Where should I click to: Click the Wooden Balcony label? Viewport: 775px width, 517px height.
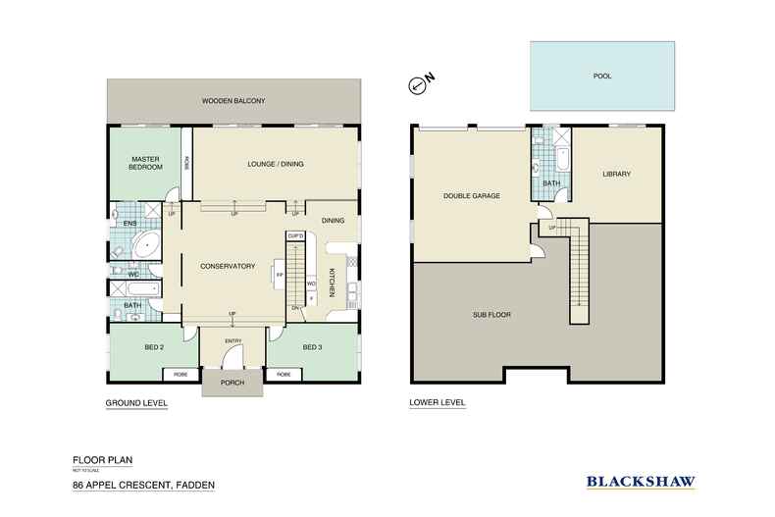tap(233, 101)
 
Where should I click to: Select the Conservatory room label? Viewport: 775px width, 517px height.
tap(228, 266)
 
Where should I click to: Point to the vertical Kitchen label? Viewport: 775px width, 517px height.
tap(333, 283)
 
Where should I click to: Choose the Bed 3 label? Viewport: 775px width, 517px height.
tap(312, 347)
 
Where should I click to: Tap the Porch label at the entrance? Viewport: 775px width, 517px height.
tap(232, 383)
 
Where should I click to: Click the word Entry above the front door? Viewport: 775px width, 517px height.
tap(232, 340)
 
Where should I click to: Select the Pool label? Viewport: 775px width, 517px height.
tap(601, 76)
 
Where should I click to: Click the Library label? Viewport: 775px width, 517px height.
tap(616, 175)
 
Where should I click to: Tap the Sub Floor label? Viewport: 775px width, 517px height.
tap(491, 315)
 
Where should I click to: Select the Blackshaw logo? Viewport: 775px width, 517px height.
tap(641, 481)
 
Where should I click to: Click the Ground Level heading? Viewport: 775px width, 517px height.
tap(136, 403)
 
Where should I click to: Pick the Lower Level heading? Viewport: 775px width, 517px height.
tap(437, 403)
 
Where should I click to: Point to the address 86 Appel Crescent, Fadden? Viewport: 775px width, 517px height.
tap(143, 486)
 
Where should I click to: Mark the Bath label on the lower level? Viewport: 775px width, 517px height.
tap(550, 181)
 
